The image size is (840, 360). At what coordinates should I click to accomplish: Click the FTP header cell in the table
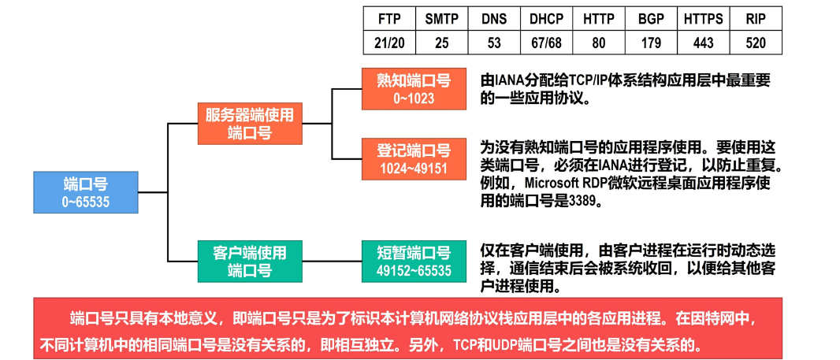389,19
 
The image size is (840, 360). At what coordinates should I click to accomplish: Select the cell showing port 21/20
389,43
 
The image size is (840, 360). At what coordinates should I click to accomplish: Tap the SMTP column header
442,19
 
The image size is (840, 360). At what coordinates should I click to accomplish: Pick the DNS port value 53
494,43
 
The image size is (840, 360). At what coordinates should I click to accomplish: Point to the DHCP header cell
546,19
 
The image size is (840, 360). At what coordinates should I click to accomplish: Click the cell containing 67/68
546,43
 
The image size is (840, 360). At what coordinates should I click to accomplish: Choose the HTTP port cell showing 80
598,43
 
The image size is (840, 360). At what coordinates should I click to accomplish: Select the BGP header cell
651,19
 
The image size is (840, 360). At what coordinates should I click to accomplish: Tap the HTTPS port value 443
704,43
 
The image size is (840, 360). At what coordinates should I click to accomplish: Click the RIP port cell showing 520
756,43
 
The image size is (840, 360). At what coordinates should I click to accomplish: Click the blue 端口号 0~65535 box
86,192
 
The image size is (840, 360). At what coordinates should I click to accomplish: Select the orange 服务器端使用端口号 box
250,123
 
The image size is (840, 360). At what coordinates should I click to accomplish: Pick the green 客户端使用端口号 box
250,261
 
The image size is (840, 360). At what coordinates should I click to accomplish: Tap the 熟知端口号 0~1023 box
414,89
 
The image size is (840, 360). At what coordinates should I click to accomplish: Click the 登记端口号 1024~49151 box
414,158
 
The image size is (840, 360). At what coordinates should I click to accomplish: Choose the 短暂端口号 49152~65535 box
414,261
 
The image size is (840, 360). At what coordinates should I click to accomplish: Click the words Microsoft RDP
564,182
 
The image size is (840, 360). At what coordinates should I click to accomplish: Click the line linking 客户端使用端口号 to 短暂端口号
332,262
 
